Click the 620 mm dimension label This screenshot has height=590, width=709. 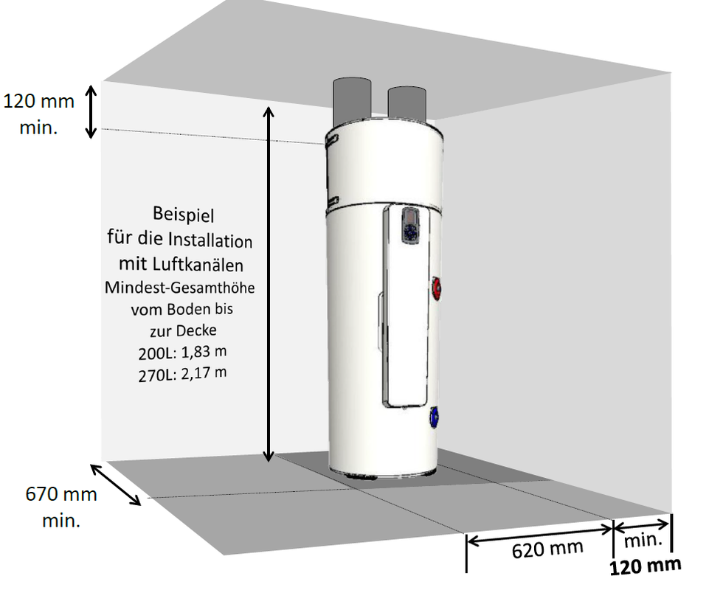click(x=547, y=549)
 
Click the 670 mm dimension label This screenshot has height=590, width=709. click(x=60, y=493)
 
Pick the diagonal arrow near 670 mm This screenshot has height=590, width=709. click(x=116, y=485)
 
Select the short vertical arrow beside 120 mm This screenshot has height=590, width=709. click(x=90, y=111)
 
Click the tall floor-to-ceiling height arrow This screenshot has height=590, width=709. click(x=269, y=284)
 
